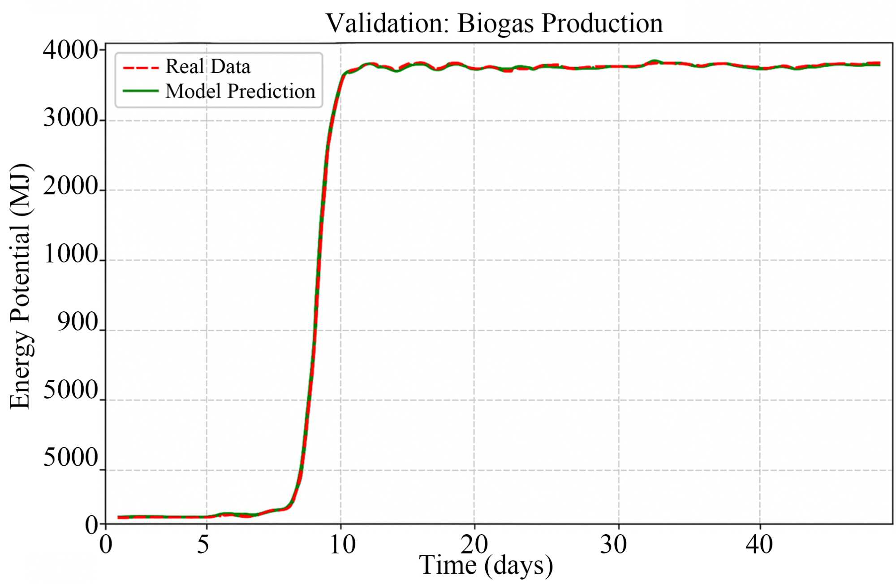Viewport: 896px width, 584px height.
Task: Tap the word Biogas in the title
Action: coord(495,23)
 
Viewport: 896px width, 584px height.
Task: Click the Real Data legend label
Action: coord(208,67)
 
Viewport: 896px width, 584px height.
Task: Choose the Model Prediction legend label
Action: coord(241,91)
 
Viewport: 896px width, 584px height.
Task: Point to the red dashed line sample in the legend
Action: coord(141,68)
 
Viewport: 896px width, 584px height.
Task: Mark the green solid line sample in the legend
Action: coord(141,91)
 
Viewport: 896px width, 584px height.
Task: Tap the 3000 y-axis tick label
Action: coord(71,119)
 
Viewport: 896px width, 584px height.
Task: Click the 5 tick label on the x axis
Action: coord(204,545)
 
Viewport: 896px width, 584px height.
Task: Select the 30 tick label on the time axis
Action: coord(614,545)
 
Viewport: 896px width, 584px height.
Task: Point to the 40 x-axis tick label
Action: coord(759,545)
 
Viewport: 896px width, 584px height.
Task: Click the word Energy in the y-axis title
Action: coord(21,369)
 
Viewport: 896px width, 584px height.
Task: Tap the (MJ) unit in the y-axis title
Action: coord(21,190)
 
